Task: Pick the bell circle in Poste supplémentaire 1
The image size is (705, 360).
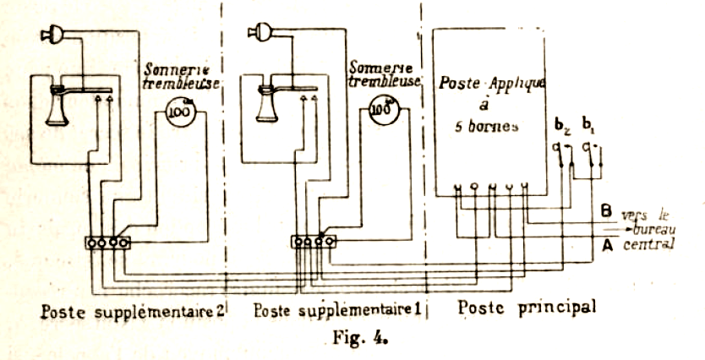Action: tap(385, 110)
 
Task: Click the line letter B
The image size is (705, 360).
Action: tap(605, 210)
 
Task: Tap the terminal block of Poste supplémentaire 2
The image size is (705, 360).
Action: tap(107, 243)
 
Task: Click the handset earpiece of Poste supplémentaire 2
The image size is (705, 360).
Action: tap(52, 35)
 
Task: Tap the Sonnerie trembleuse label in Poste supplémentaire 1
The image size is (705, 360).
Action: tap(385, 74)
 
